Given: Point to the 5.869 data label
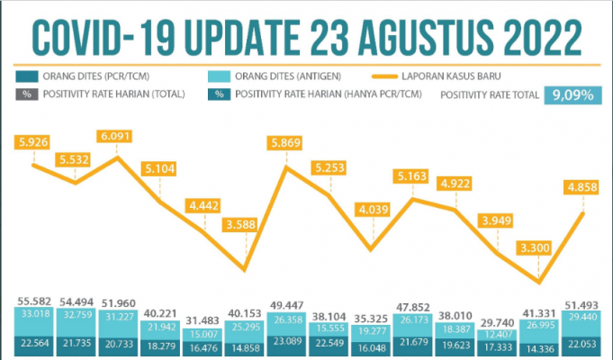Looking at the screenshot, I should [286, 141].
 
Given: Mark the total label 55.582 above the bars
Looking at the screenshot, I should [34, 301].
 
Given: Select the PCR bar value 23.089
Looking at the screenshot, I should [285, 343].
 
